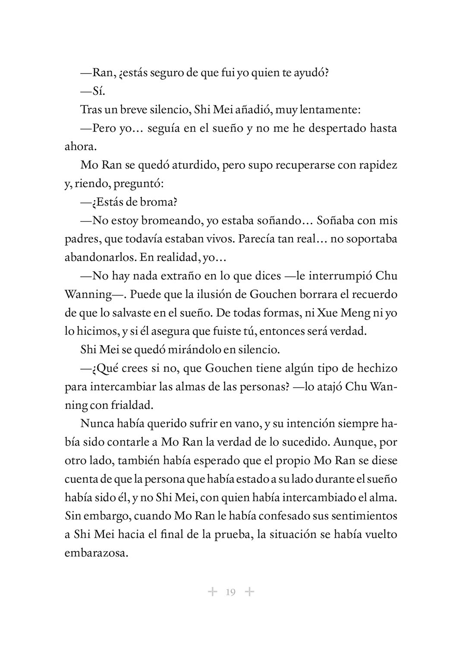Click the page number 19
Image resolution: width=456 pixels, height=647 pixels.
pyautogui.click(x=230, y=592)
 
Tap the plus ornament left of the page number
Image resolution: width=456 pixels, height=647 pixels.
pyautogui.click(x=212, y=591)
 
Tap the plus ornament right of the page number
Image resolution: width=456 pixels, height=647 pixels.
pyautogui.click(x=249, y=591)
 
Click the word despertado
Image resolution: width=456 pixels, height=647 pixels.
pyautogui.click(x=330, y=128)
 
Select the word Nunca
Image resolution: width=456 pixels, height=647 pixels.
pyautogui.click(x=96, y=424)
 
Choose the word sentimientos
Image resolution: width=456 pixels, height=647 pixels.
pyautogui.click(x=360, y=516)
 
